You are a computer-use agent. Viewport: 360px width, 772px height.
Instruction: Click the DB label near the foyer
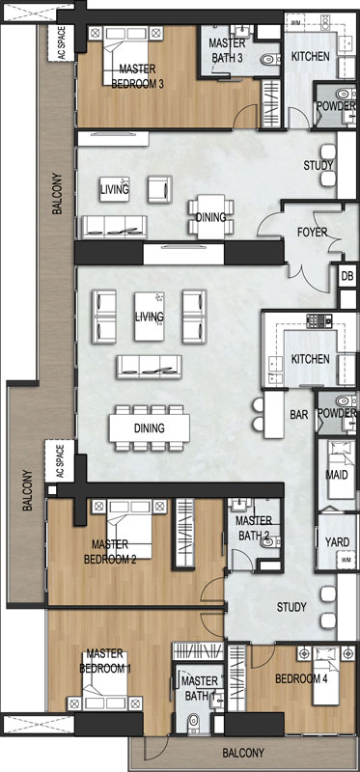pyautogui.click(x=347, y=277)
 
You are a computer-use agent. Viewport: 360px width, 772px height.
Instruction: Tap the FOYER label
pyautogui.click(x=313, y=232)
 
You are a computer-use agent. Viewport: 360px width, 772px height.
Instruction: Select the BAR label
pyautogui.click(x=299, y=415)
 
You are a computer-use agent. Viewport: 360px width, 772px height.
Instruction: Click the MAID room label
pyautogui.click(x=337, y=475)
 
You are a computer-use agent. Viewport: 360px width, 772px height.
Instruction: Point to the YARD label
pyautogui.click(x=338, y=542)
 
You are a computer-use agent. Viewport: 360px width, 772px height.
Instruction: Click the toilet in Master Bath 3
pyautogui.click(x=269, y=60)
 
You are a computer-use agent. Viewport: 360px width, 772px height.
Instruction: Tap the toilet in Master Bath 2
pyautogui.click(x=270, y=542)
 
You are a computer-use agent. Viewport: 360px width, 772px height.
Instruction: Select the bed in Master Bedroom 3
pyautogui.click(x=125, y=55)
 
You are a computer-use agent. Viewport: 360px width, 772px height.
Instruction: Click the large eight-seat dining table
pyautogui.click(x=150, y=427)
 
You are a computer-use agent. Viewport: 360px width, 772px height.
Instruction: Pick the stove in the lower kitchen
pyautogui.click(x=315, y=321)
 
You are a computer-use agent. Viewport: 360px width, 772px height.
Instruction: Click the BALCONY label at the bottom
pyautogui.click(x=243, y=753)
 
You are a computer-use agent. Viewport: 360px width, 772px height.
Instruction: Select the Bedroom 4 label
pyautogui.click(x=301, y=679)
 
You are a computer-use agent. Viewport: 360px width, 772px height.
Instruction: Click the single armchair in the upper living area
pyautogui.click(x=160, y=189)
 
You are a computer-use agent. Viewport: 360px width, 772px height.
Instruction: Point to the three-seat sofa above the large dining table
pyautogui.click(x=149, y=367)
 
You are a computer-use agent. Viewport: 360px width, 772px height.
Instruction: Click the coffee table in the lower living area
pyautogui.click(x=150, y=317)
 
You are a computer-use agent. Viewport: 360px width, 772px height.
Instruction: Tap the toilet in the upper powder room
pyautogui.click(x=345, y=94)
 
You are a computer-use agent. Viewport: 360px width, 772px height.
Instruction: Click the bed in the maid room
pyautogui.click(x=337, y=469)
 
